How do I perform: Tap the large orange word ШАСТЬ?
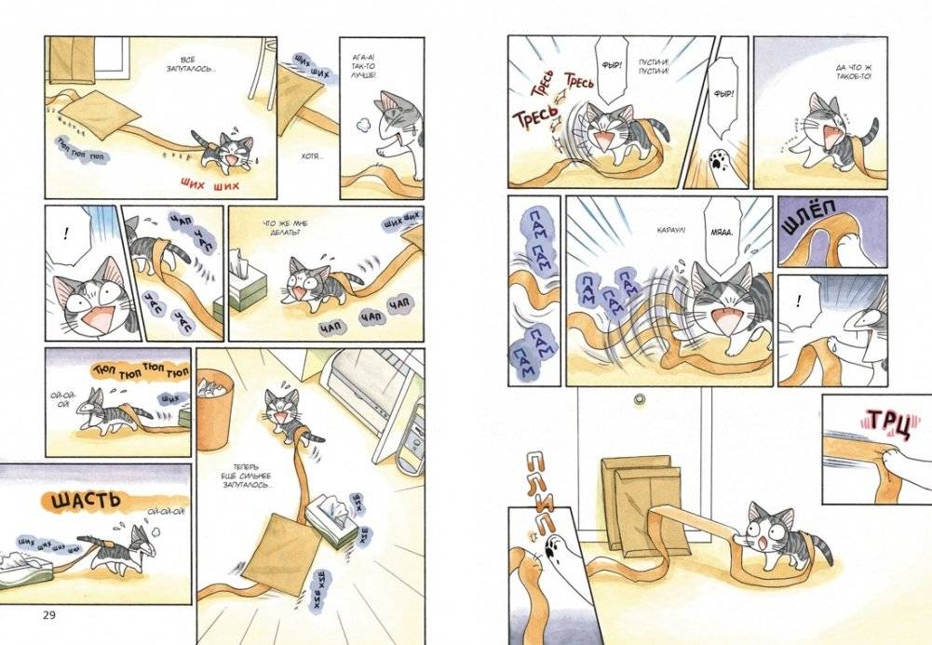(x=85, y=500)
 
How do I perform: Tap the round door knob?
(x=639, y=398)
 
